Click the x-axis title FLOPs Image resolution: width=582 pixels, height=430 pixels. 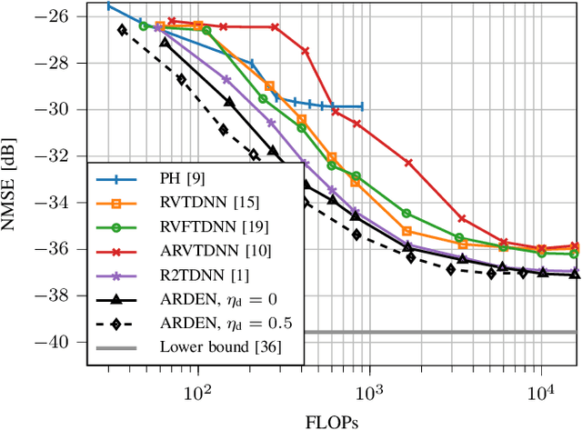click(x=332, y=421)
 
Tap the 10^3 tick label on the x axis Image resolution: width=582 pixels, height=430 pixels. click(x=369, y=391)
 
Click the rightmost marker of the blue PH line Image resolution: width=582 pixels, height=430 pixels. click(x=361, y=106)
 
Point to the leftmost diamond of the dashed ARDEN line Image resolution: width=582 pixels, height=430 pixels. click(x=122, y=30)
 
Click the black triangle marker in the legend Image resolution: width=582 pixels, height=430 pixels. click(x=118, y=299)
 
